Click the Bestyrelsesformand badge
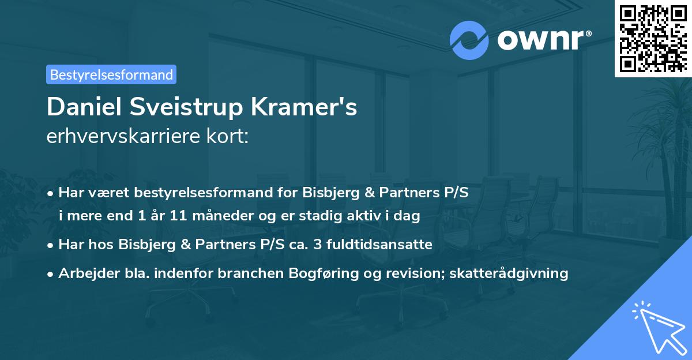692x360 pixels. click(111, 74)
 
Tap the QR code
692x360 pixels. click(653, 38)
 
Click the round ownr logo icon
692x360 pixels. click(469, 40)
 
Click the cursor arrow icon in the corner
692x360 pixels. click(657, 326)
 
